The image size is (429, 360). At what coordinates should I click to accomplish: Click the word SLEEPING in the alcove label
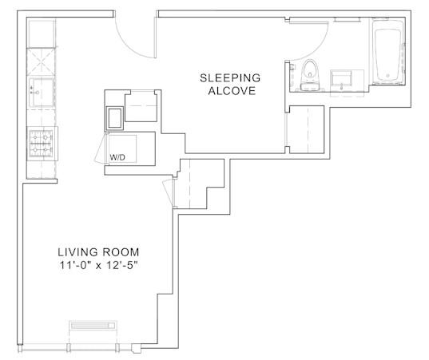[x=230, y=78]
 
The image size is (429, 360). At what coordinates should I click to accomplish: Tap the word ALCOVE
[x=232, y=91]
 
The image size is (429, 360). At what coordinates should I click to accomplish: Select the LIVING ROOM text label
[x=98, y=252]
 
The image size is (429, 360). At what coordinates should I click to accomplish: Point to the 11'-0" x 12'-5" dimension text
[x=98, y=265]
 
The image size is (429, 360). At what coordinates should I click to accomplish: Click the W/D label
[x=117, y=157]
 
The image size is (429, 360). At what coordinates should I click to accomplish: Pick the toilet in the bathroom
[x=310, y=75]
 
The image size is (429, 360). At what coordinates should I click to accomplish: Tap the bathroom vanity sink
[x=341, y=78]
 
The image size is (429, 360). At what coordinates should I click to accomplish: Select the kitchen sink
[x=42, y=93]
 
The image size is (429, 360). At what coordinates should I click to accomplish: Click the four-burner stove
[x=42, y=144]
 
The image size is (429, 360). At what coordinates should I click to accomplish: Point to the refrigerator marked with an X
[x=41, y=61]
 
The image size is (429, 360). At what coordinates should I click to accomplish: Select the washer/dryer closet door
[x=101, y=150]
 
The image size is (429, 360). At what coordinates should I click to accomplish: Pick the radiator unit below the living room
[x=93, y=326]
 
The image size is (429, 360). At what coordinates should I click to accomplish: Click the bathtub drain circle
[x=388, y=76]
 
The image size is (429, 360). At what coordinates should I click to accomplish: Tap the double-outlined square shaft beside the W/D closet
[x=115, y=118]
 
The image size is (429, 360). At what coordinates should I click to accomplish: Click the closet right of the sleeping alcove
[x=307, y=129]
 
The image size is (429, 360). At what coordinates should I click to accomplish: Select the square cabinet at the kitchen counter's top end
[x=41, y=34]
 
